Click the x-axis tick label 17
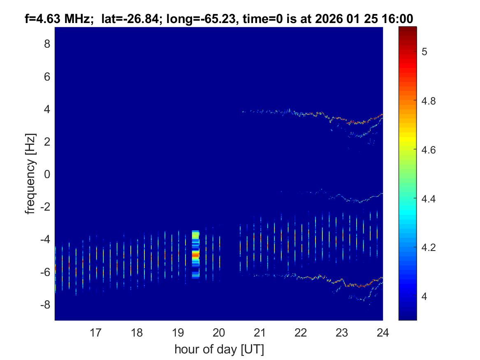[x=96, y=332]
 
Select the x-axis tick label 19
[x=178, y=332]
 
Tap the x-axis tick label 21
[x=260, y=332]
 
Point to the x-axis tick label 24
[x=383, y=332]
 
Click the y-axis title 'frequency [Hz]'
[x=30, y=174]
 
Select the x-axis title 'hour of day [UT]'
[x=219, y=350]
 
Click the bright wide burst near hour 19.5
[x=195, y=254]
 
